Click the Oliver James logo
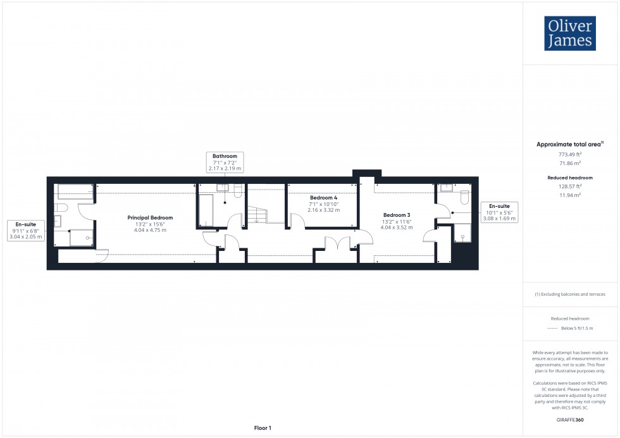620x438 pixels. coord(569,33)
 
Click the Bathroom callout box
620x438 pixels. coord(225,162)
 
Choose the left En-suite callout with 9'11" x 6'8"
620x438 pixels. coord(26,231)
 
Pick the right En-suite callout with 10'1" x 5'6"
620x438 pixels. coord(499,212)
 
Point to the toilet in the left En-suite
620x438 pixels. coord(61,208)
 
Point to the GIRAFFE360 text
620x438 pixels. coord(571,420)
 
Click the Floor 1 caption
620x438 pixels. coord(262,428)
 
